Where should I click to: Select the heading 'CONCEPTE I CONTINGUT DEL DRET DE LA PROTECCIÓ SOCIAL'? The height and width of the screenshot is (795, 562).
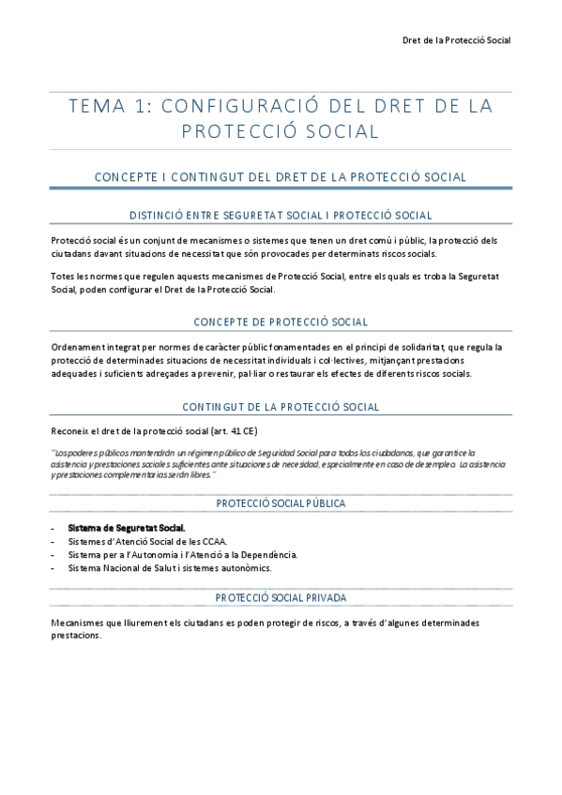[x=281, y=176]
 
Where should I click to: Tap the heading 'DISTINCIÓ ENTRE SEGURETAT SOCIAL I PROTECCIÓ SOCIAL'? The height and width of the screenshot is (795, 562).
[x=281, y=216]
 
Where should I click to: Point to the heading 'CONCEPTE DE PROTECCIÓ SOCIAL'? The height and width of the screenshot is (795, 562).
[x=281, y=322]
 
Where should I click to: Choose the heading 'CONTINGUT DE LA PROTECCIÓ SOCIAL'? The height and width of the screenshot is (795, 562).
[x=281, y=407]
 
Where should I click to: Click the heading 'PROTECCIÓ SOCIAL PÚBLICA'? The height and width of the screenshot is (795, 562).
[x=281, y=503]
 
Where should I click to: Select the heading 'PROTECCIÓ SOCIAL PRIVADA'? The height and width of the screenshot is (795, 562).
[x=281, y=597]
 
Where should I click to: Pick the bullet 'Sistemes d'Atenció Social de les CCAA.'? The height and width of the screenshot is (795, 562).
[x=147, y=541]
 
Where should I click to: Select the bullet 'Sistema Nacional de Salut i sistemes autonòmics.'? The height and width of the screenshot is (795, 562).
[x=169, y=567]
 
